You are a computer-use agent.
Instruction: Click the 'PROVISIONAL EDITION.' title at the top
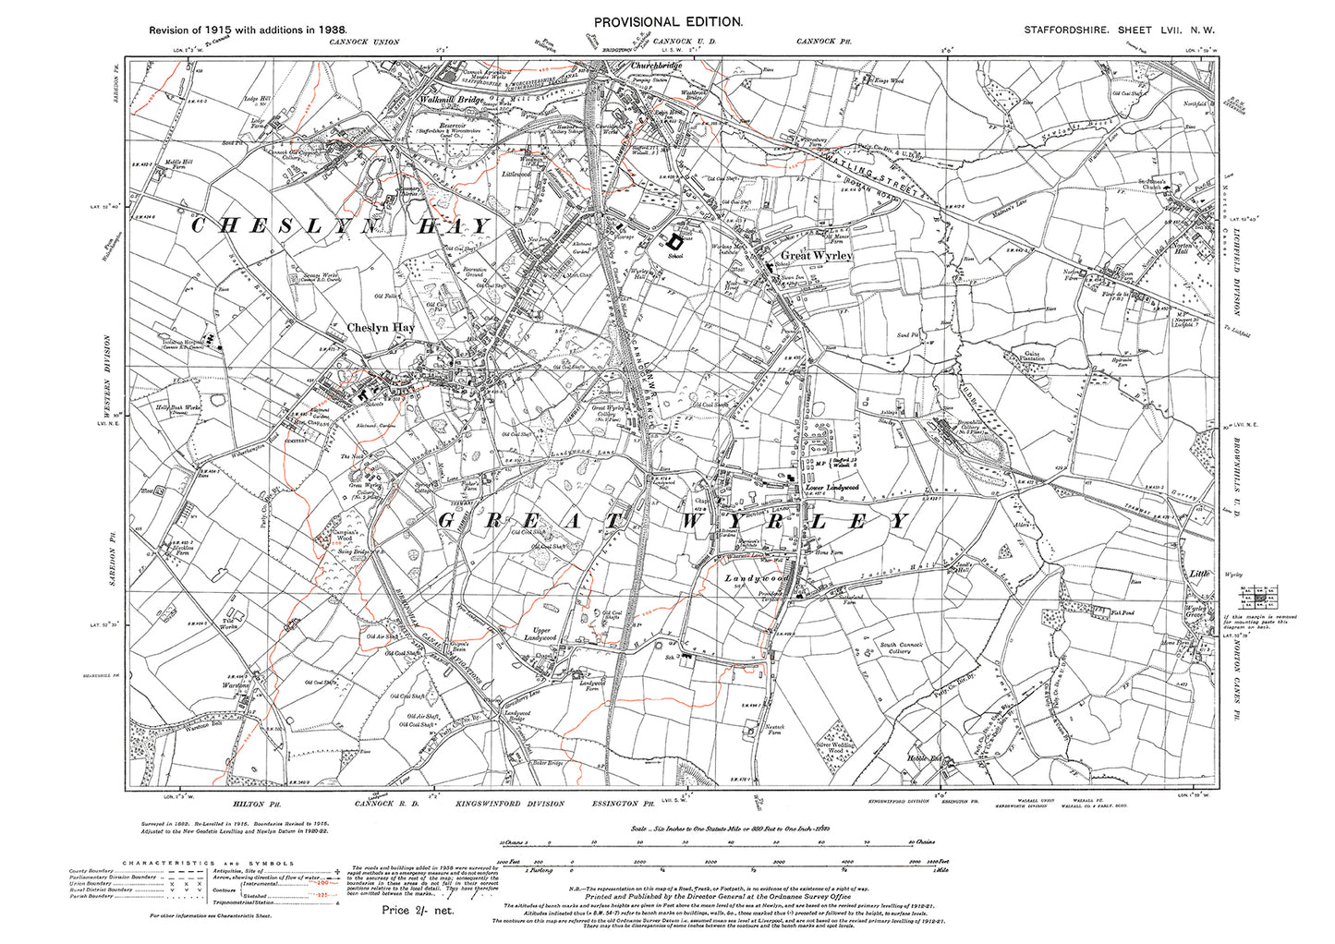pyautogui.click(x=666, y=21)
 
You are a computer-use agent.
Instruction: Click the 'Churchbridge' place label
pyautogui.click(x=656, y=67)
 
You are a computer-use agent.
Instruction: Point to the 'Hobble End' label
pyautogui.click(x=922, y=759)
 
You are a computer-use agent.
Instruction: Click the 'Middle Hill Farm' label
pyautogui.click(x=176, y=165)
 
